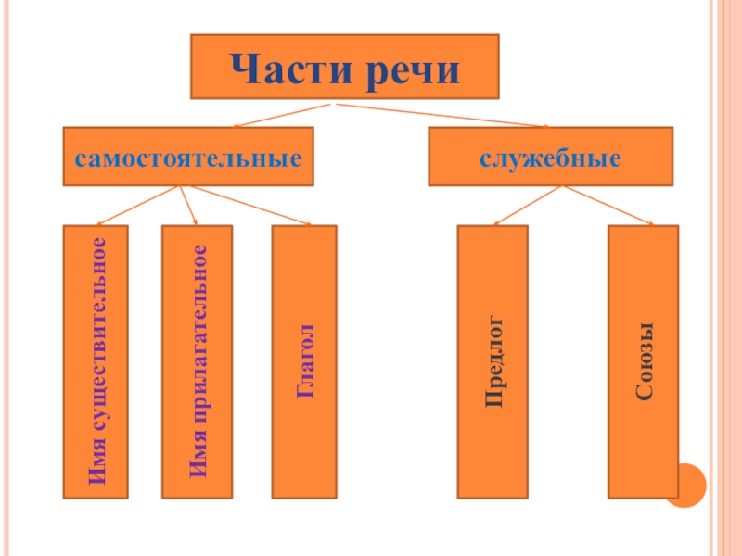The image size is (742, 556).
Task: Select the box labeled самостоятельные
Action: click(188, 158)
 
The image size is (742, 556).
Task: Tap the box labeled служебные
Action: click(550, 158)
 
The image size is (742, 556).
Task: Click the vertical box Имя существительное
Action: click(96, 361)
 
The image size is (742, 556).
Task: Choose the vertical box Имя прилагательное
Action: click(197, 361)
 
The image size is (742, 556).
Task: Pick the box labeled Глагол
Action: click(304, 361)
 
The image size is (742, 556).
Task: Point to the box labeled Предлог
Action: click(494, 361)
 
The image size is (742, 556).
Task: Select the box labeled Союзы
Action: click(643, 361)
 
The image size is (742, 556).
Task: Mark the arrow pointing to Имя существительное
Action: click(139, 205)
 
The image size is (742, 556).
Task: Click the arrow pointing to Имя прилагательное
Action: click(188, 205)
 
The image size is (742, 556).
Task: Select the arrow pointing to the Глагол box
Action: click(246, 205)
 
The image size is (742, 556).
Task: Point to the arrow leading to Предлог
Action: click(527, 205)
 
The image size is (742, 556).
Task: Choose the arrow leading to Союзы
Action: click(608, 205)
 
